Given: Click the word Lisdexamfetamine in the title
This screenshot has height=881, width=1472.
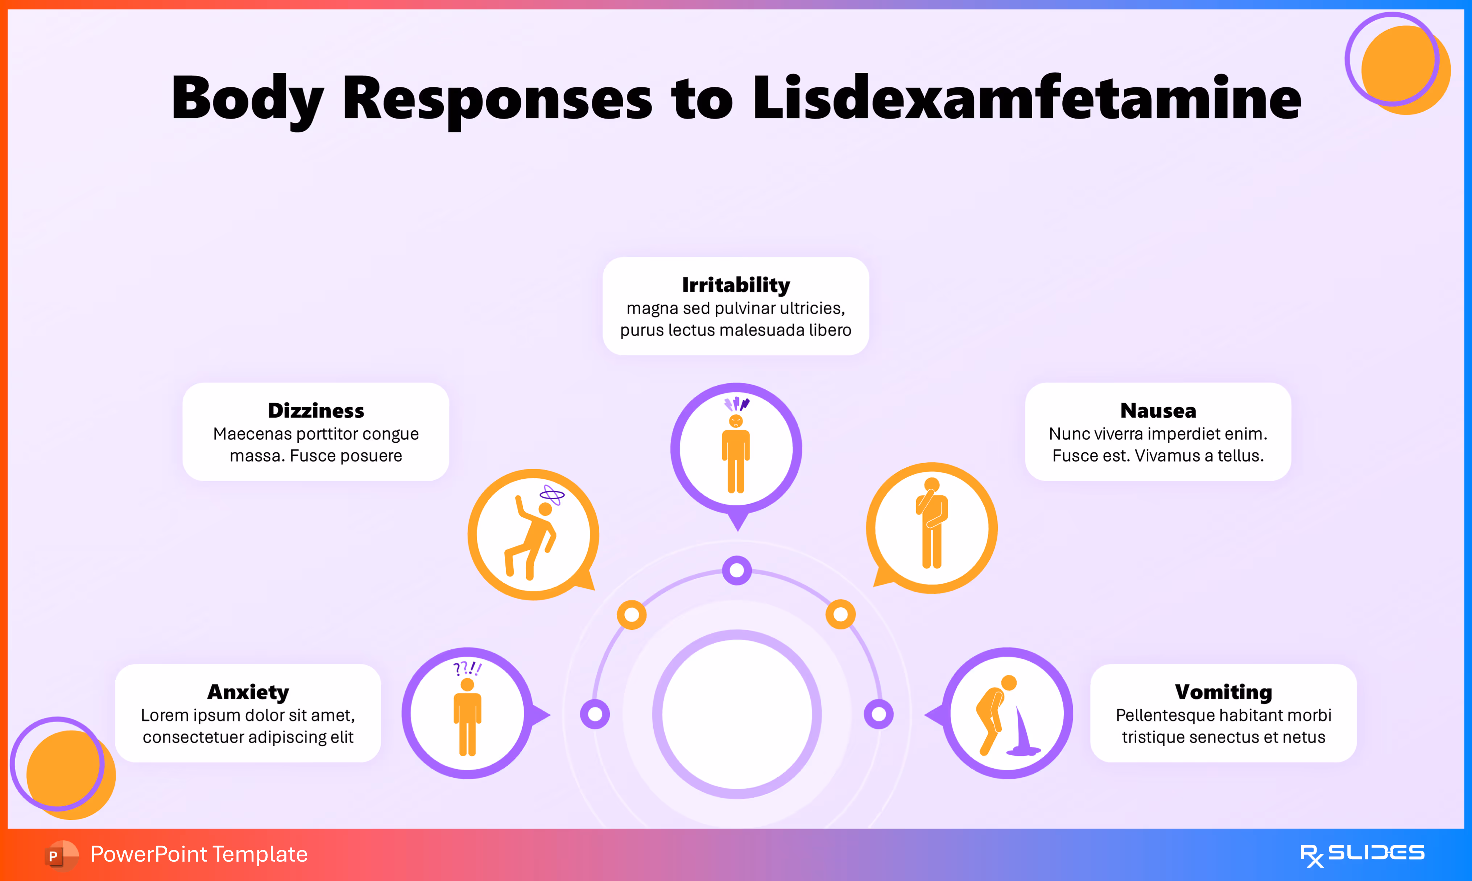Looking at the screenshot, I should click(1027, 98).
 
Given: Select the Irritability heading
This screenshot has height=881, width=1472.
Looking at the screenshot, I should click(736, 285).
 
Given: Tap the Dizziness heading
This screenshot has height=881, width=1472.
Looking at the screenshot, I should click(316, 410).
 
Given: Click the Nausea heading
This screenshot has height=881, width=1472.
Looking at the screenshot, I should click(1158, 410).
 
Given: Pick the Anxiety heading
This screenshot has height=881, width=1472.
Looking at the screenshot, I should click(248, 692).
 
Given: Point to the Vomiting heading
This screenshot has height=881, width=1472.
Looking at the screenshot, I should click(1223, 692).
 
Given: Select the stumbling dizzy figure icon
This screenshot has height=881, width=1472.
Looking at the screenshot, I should click(533, 534).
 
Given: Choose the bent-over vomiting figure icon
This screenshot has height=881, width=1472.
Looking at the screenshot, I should click(1003, 715).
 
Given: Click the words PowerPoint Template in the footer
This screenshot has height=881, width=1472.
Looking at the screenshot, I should click(199, 854).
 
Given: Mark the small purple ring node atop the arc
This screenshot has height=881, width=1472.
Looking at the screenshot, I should click(737, 571).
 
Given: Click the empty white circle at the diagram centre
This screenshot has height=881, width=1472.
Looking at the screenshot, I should click(737, 714).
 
